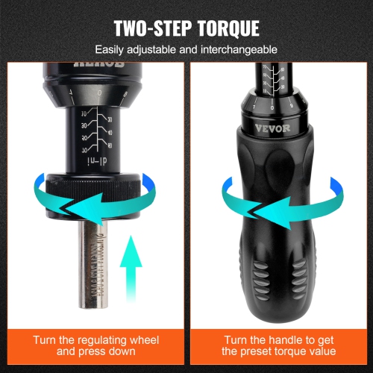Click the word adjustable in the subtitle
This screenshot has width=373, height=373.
coord(149,50)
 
